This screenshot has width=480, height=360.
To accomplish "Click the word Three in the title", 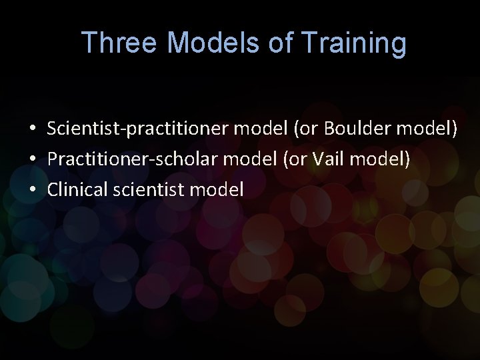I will (120, 43).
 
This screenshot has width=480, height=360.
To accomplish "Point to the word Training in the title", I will (353, 43).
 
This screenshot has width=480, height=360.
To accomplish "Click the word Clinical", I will (76, 189).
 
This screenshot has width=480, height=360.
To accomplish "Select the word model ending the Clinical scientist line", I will (217, 189).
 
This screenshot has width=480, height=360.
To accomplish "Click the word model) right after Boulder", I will (427, 128).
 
